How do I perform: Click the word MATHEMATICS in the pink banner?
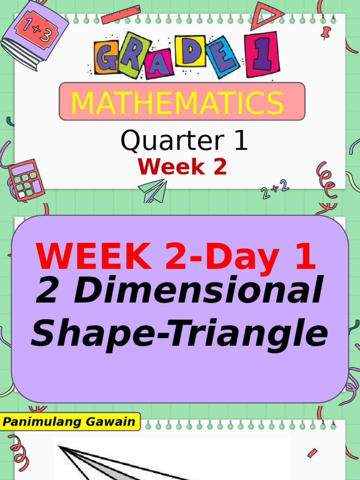point(177,104)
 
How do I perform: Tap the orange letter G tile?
point(107,58)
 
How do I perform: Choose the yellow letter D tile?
point(191,51)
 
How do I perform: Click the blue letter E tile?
point(223,57)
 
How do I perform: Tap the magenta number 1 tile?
point(262,54)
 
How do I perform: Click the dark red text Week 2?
point(182,167)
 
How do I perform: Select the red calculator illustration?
point(26,180)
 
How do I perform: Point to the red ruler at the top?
point(120,15)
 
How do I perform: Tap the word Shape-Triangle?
point(180,333)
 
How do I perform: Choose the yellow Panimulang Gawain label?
point(69,422)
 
